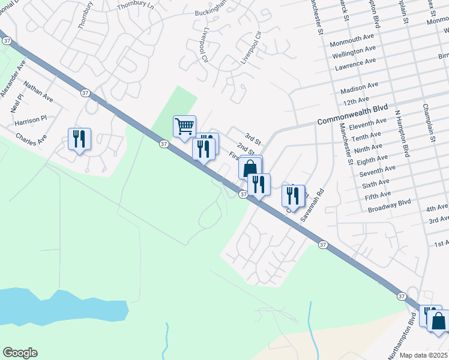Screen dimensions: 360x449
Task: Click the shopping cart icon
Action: click(184, 127)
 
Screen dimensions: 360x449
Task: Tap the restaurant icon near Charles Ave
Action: click(79, 139)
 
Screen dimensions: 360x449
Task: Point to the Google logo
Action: click(20, 353)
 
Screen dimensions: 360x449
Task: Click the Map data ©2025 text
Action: click(423, 355)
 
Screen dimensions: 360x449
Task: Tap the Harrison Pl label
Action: click(31, 119)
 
